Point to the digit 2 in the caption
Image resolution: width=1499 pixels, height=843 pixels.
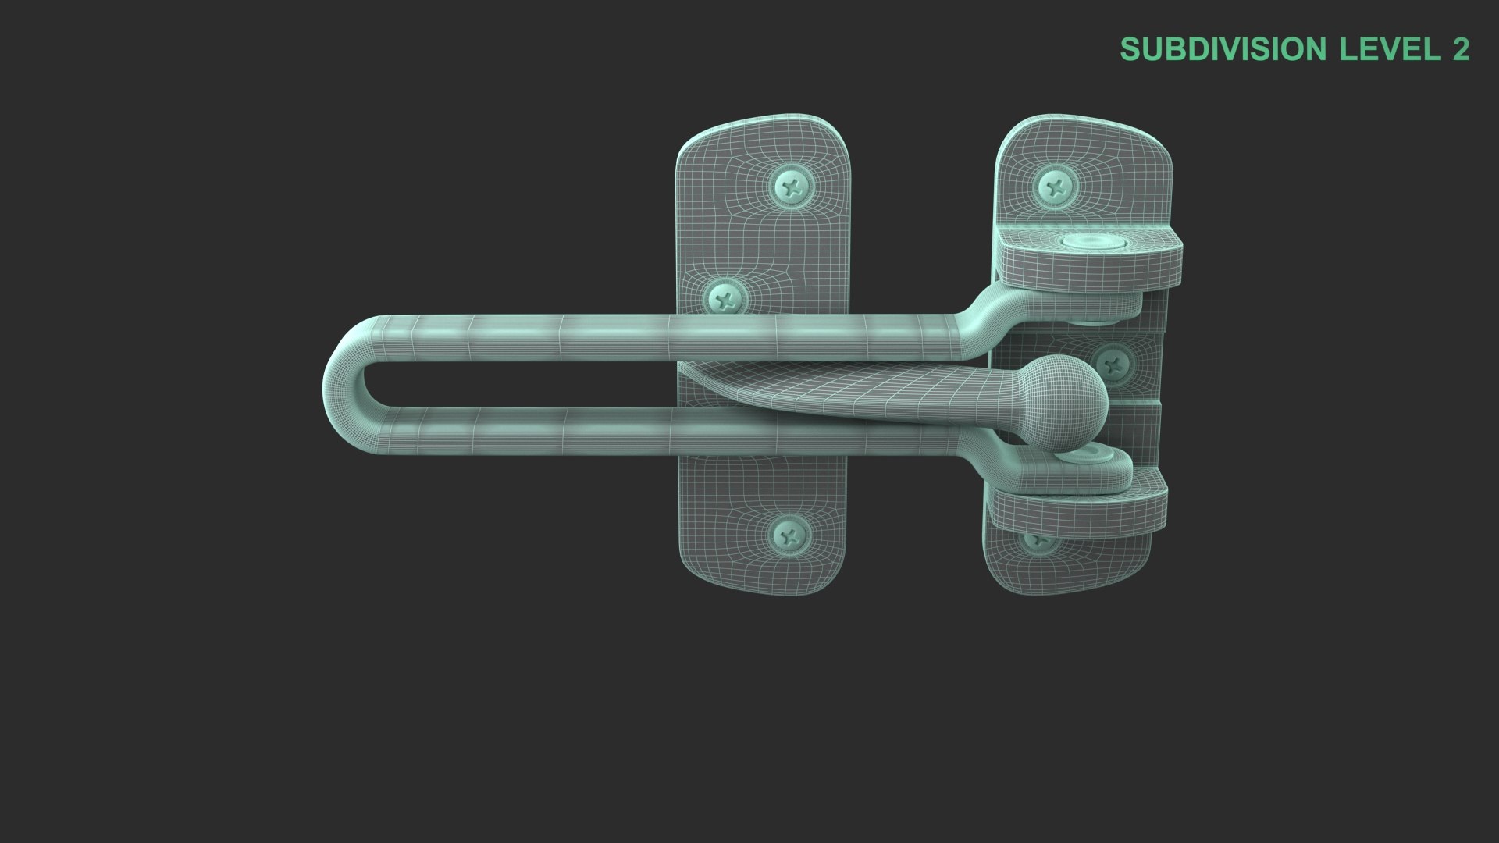click(x=1460, y=49)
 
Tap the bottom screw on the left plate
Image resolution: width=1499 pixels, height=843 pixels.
click(x=791, y=535)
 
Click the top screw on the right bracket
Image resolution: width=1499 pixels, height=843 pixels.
click(x=1057, y=187)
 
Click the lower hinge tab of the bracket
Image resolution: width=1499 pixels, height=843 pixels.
click(x=1077, y=507)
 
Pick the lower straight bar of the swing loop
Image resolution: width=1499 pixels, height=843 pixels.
click(x=625, y=432)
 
